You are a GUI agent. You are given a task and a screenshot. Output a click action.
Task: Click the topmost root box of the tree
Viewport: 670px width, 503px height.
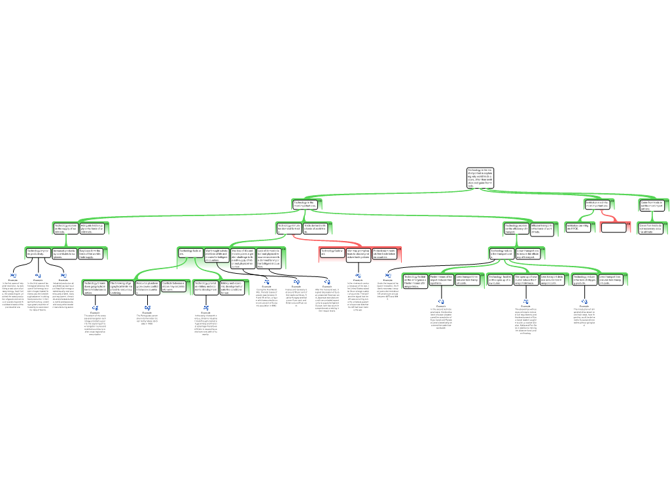point(480,178)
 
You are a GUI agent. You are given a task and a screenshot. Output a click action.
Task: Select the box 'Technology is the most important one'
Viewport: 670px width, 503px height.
point(305,204)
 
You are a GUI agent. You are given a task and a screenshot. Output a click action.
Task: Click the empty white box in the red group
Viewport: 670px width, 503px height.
point(613,228)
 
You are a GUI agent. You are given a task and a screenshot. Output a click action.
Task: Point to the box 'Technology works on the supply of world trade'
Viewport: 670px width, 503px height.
point(65,228)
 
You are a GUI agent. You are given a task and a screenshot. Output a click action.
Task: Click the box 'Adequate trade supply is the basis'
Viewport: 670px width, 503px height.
point(92,228)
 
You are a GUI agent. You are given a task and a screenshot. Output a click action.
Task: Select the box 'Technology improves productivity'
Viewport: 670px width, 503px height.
point(38,253)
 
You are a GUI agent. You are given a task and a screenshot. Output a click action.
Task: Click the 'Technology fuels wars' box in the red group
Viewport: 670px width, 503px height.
point(332,254)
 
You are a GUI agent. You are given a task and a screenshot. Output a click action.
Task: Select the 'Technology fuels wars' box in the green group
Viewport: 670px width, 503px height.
point(190,253)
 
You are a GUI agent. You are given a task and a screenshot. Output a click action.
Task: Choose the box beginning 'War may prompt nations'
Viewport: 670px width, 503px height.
point(358,254)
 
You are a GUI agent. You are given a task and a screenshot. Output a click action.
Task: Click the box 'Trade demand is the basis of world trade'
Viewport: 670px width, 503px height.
point(315,228)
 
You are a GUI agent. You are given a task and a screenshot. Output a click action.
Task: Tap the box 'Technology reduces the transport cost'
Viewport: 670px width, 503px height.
point(501,253)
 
